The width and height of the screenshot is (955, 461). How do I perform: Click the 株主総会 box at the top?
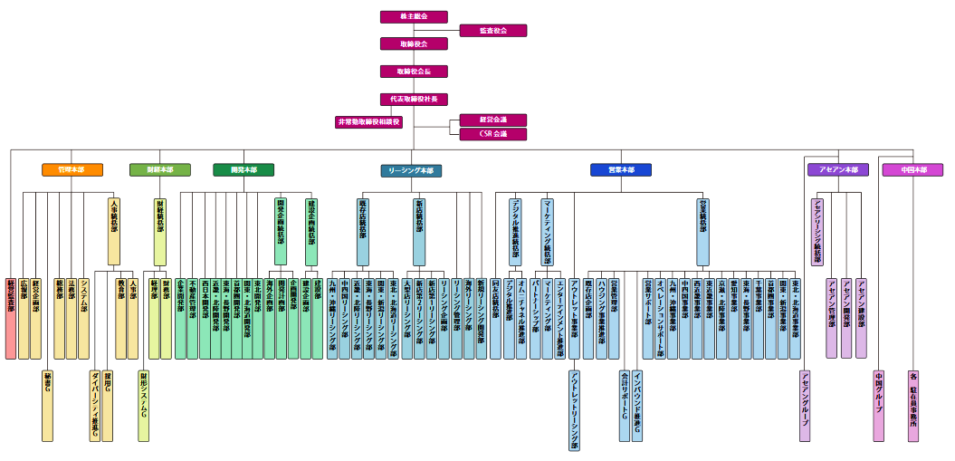pos(414,16)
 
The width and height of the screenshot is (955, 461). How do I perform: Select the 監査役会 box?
pos(492,30)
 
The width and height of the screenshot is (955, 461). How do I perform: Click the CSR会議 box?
pos(492,134)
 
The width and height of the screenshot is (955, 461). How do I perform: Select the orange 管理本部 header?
pos(72,169)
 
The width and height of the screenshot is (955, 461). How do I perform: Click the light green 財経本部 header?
pos(159,169)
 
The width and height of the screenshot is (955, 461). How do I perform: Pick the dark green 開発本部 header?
pos(244,169)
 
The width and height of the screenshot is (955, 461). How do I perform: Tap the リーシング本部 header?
pos(411,169)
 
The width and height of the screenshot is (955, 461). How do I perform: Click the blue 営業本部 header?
pos(620,169)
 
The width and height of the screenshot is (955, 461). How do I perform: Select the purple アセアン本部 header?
pos(837,169)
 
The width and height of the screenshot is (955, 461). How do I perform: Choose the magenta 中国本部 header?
pos(912,169)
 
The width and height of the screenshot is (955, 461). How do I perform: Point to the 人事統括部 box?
pos(113,231)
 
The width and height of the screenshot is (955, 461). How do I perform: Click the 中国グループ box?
pos(878,405)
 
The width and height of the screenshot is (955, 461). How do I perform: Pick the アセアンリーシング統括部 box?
pos(817,231)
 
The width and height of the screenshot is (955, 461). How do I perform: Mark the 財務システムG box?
pos(143,405)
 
